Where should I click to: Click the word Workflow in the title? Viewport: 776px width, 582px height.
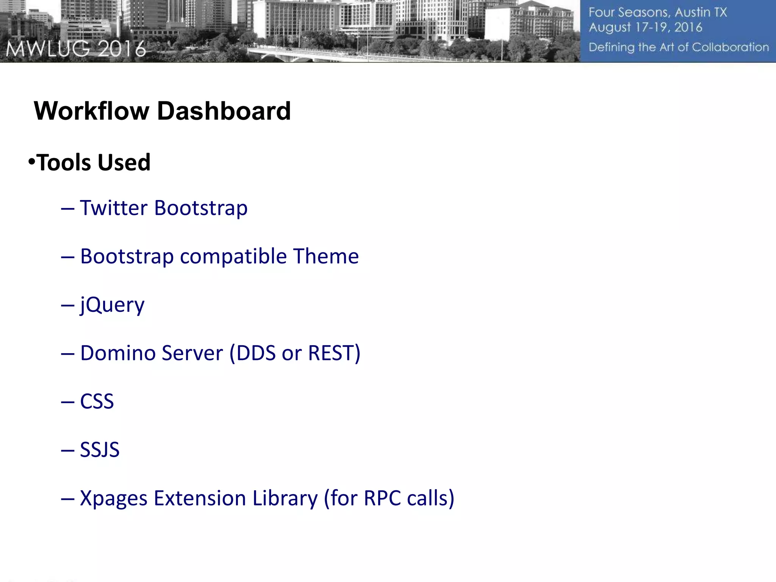point(92,111)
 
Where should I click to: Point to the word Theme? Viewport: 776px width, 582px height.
point(325,257)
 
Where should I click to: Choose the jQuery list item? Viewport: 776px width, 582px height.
point(112,305)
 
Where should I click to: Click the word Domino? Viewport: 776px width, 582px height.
point(114,353)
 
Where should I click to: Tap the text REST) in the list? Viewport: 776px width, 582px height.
point(334,353)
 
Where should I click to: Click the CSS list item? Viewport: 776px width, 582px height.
point(97,402)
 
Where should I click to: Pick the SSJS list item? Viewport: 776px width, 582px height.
point(100,450)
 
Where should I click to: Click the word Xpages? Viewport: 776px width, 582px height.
point(114,498)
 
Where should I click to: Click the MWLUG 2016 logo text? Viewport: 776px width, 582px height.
point(76,49)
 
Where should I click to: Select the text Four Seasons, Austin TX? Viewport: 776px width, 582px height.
point(657,13)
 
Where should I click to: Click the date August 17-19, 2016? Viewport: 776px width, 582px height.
point(645,28)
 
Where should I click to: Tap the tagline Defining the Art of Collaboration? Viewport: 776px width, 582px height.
point(678,47)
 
